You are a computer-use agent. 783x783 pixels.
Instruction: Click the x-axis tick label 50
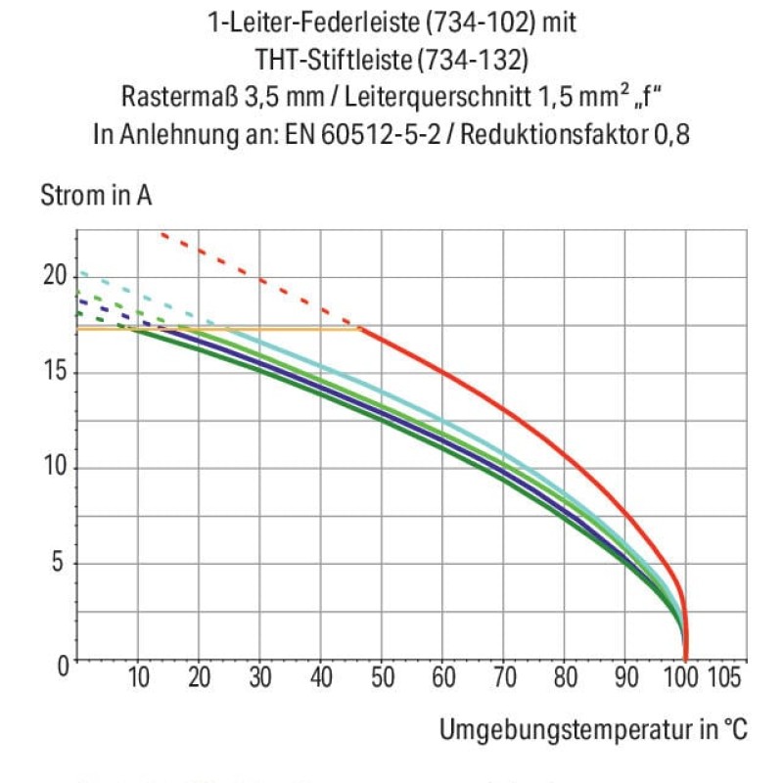coord(382,677)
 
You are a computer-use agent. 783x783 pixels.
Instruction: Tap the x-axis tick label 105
coord(723,677)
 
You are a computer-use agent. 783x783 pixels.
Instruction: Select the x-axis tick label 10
coord(139,677)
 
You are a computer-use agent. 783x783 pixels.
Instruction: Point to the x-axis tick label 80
coord(565,677)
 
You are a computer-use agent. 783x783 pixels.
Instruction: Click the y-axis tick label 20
coord(55,275)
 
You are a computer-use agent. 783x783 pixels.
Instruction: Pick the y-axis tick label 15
coord(55,372)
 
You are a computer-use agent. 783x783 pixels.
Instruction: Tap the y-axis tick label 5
coord(62,564)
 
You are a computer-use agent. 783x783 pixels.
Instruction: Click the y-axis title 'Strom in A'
coord(96,196)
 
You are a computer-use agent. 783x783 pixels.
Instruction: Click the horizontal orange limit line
coord(245,328)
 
